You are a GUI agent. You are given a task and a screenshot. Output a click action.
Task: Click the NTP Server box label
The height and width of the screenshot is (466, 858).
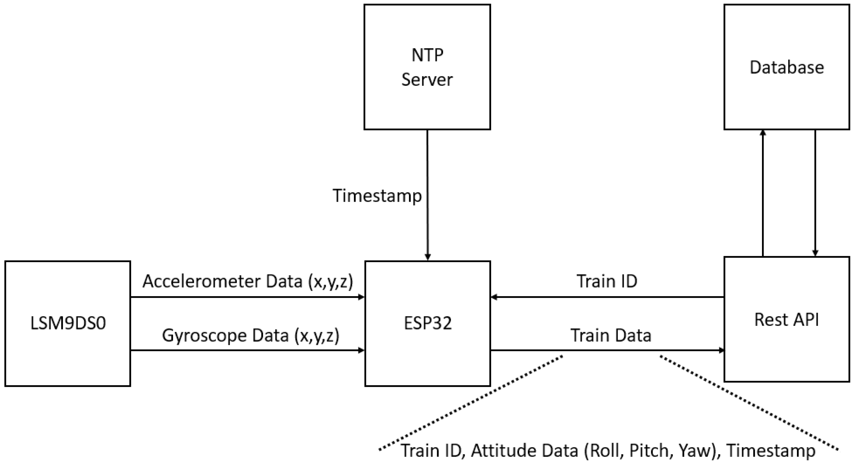[x=427, y=67]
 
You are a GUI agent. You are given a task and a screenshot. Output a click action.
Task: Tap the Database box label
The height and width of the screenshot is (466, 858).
[x=787, y=68]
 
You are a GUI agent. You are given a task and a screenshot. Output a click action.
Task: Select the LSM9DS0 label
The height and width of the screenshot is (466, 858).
[x=68, y=323]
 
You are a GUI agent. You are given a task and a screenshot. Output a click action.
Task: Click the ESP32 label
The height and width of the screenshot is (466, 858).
[x=428, y=323]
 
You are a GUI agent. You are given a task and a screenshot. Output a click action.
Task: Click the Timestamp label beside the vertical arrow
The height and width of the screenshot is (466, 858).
[x=377, y=196]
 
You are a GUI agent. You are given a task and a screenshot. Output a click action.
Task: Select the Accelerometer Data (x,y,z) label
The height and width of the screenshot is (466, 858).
[x=248, y=281]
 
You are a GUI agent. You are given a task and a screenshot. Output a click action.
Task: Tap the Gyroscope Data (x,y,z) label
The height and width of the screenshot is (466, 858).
[x=251, y=335]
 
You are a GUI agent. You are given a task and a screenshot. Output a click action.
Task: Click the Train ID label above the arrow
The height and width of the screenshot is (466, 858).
[x=607, y=281]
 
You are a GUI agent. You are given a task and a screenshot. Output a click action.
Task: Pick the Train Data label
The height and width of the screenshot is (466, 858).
[x=611, y=335]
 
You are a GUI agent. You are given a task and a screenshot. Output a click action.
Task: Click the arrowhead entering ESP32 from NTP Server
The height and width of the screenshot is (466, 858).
[x=428, y=257]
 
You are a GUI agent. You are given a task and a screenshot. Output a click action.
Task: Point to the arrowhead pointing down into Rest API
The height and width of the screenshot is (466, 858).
[x=815, y=253]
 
